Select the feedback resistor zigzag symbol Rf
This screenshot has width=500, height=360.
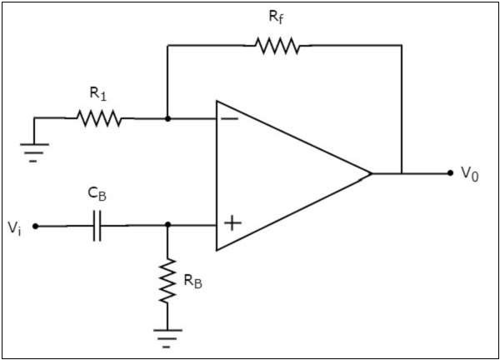click(x=277, y=46)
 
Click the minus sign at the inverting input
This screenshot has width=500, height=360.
click(x=229, y=118)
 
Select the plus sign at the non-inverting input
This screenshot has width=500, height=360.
click(x=233, y=223)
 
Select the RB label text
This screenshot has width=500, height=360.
click(x=192, y=282)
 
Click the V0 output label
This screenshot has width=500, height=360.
click(x=472, y=173)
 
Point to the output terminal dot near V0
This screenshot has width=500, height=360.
click(x=451, y=173)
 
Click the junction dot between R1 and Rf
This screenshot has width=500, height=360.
click(x=167, y=119)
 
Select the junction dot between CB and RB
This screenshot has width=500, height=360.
click(x=167, y=225)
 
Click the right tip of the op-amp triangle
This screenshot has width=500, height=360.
click(x=371, y=173)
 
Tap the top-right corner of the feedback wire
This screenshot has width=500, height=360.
click(x=402, y=46)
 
